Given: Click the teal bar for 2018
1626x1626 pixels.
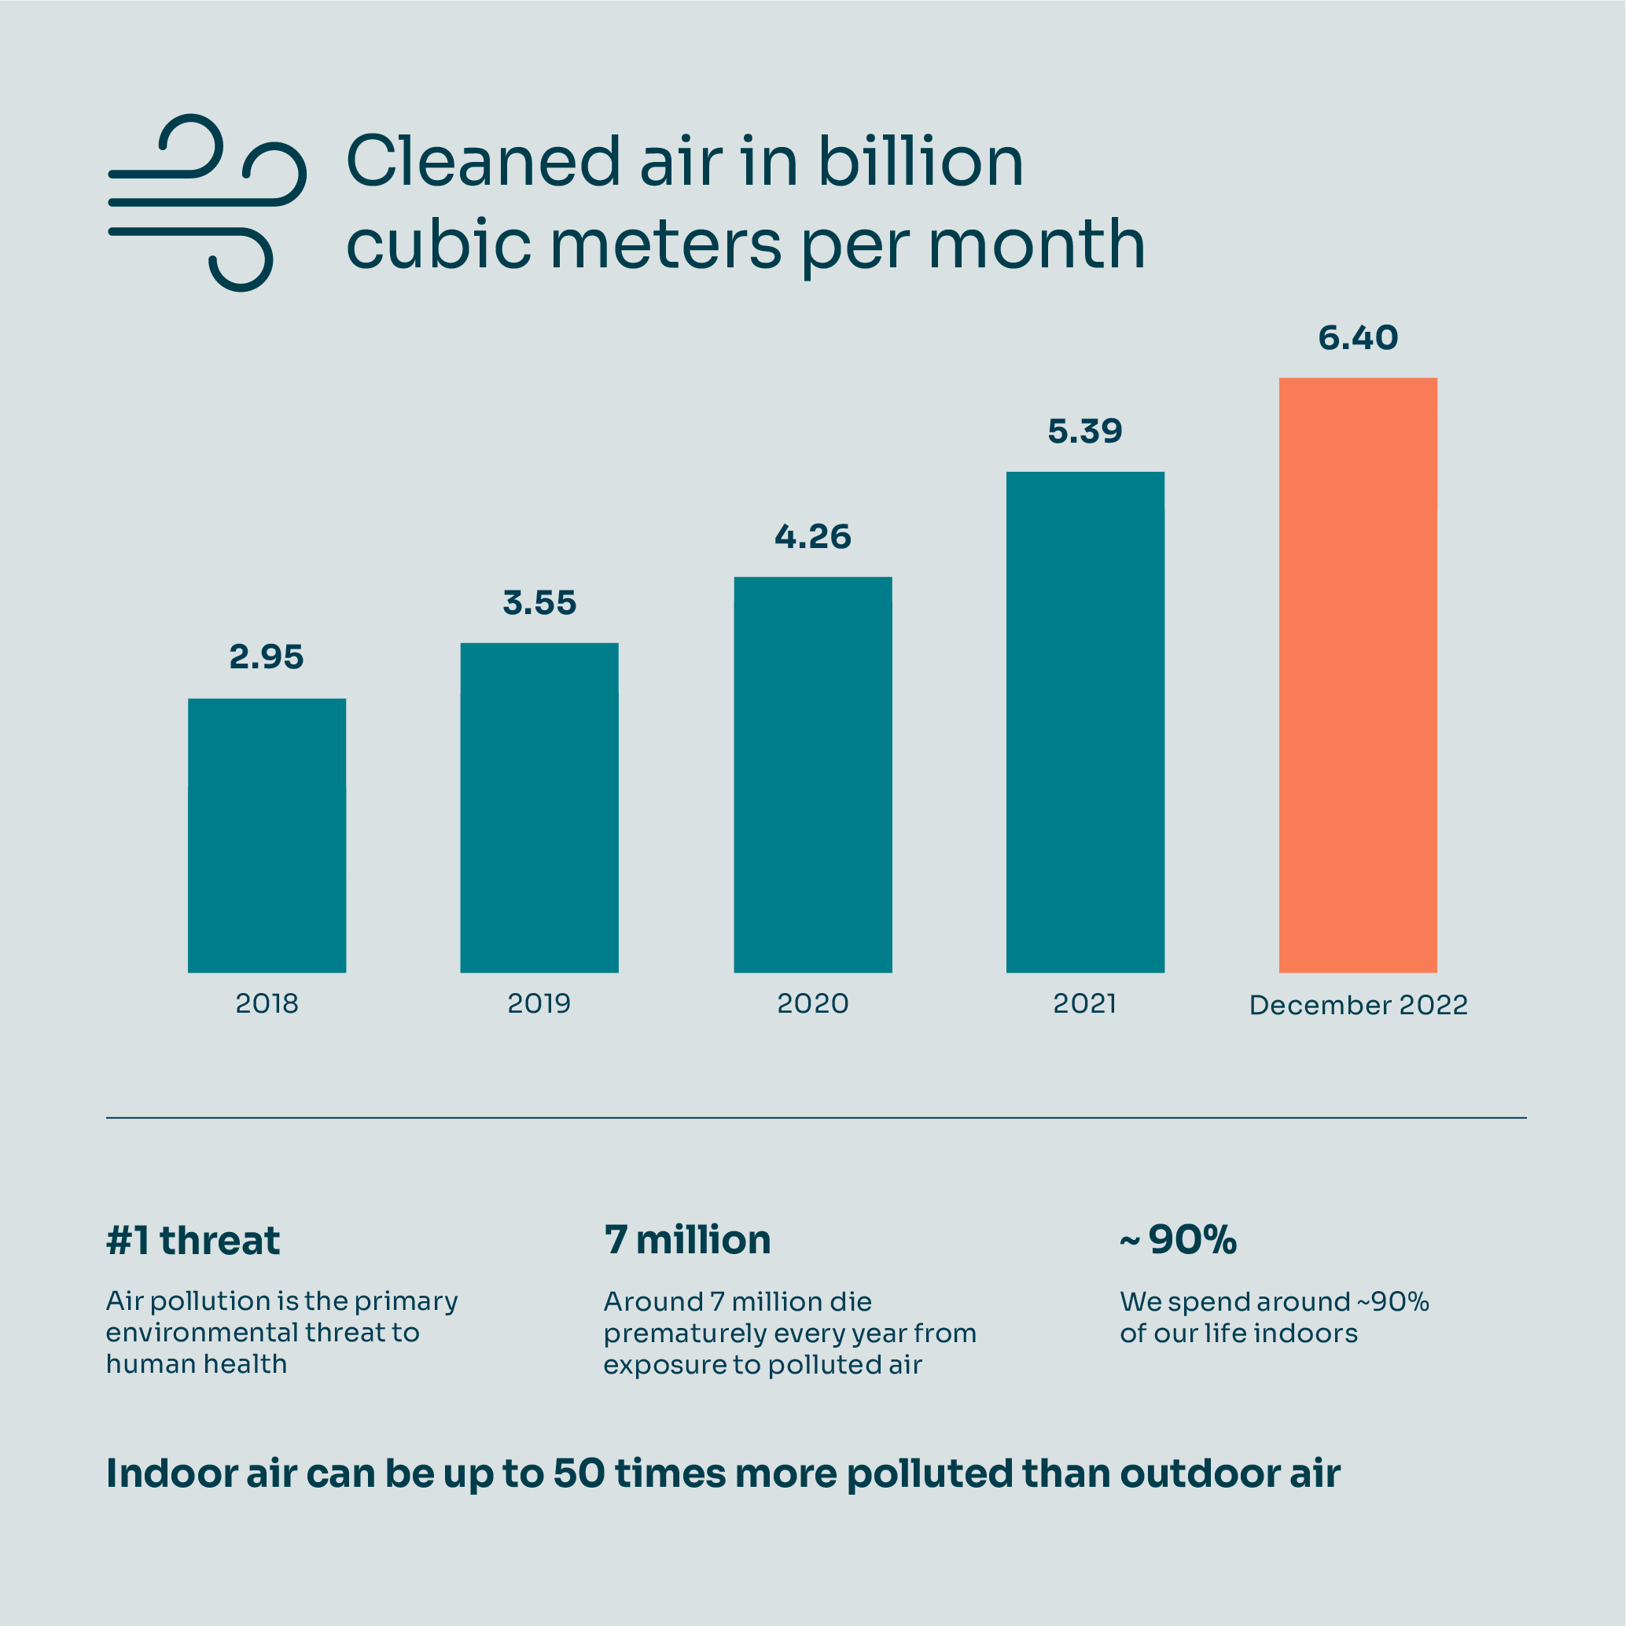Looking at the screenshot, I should pos(267,835).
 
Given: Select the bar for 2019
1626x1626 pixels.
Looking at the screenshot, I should pos(539,808).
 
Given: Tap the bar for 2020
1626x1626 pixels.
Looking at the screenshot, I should pos(812,774).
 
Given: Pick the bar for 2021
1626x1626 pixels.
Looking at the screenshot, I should pos(1085,722).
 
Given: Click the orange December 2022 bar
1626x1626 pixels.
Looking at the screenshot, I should pos(1358,675).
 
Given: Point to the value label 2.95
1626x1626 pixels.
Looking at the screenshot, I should pos(266,657).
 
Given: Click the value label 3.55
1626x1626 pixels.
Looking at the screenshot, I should pos(539,603).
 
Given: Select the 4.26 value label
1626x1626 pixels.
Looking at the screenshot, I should pos(812,537).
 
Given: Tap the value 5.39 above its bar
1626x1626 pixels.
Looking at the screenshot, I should pos(1085,432).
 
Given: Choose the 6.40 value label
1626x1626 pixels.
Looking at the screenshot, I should pos(1358,338).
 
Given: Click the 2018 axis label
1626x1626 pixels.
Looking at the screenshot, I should pos(267,1004).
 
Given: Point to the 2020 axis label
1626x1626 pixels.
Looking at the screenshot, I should pos(812,1004).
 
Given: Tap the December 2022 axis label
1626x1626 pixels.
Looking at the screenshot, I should pos(1358,1006).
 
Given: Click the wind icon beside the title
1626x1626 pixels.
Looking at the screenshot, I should pos(206,202).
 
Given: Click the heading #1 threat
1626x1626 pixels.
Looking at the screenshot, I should pos(193,1241).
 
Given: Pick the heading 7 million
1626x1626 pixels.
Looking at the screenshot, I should pos(686,1240).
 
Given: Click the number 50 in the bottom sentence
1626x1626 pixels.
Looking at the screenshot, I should pos(579,1473).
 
